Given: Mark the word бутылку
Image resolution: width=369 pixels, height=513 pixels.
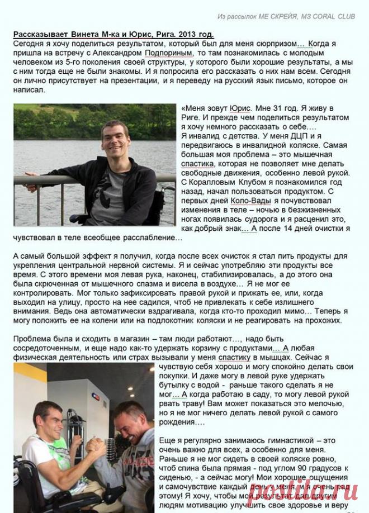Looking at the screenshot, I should (176, 384).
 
